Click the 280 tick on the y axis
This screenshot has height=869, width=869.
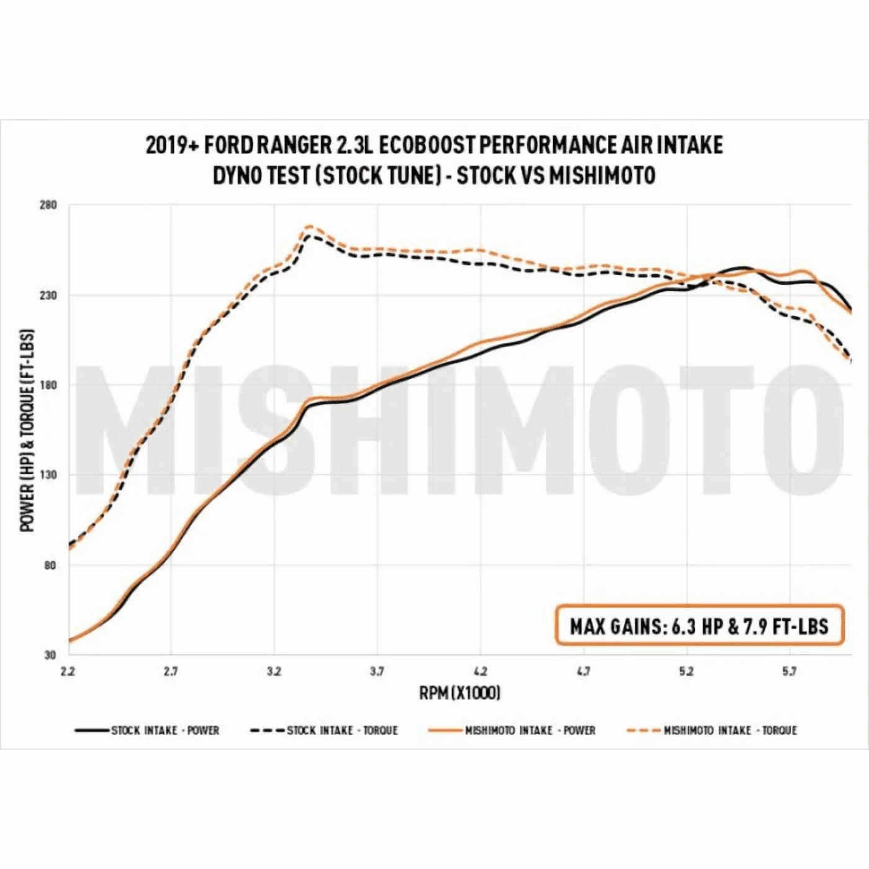(48, 205)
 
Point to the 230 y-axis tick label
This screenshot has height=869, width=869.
(48, 295)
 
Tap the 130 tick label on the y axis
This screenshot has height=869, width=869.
(48, 475)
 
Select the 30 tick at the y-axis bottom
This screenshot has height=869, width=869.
(50, 655)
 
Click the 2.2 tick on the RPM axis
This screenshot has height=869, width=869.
(68, 671)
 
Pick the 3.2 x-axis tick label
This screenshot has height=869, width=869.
(274, 671)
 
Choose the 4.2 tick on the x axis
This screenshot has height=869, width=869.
(480, 671)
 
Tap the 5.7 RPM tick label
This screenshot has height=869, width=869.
(789, 671)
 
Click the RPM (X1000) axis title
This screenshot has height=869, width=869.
(459, 692)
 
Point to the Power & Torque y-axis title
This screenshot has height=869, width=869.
(27, 430)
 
